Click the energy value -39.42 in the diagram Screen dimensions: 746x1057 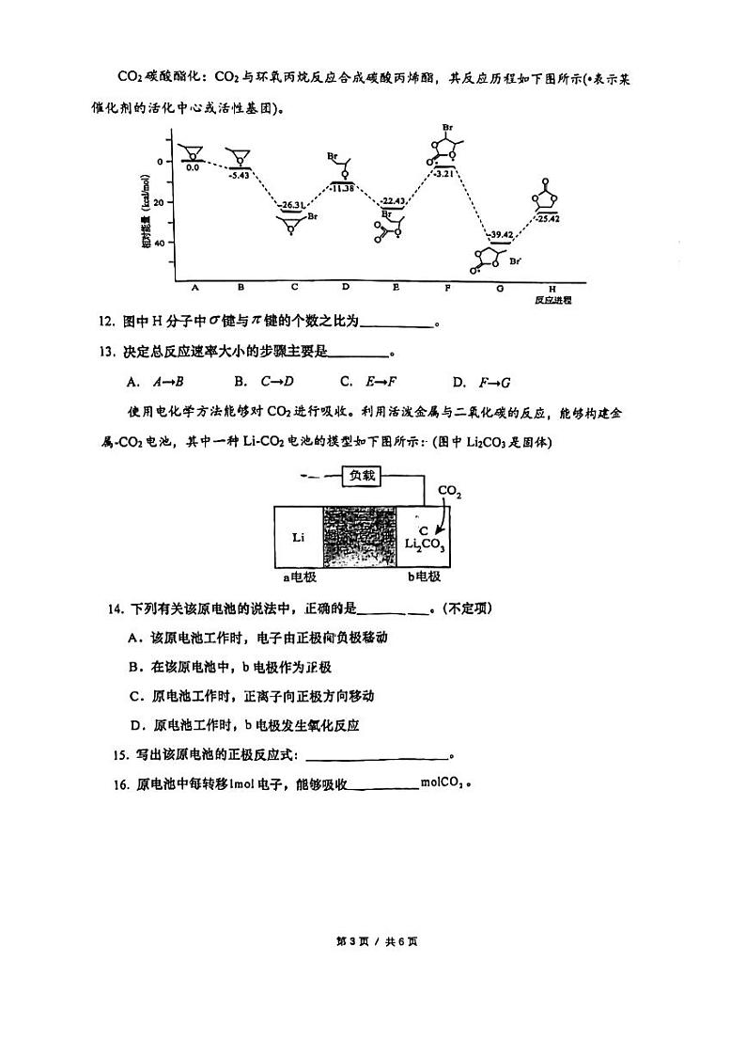pos(499,234)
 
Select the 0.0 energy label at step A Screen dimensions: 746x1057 pos(192,167)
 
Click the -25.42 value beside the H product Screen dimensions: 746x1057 pos(549,218)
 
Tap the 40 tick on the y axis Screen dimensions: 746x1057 pos(158,242)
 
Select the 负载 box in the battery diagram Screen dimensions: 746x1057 pos(362,476)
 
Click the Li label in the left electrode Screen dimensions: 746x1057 pos(298,537)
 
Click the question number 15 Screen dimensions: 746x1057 pos(119,754)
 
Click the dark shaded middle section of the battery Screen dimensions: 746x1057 pos(360,536)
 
